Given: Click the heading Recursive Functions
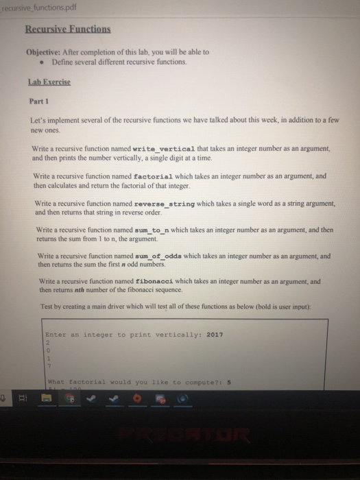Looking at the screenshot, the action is pyautogui.click(x=68, y=30).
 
